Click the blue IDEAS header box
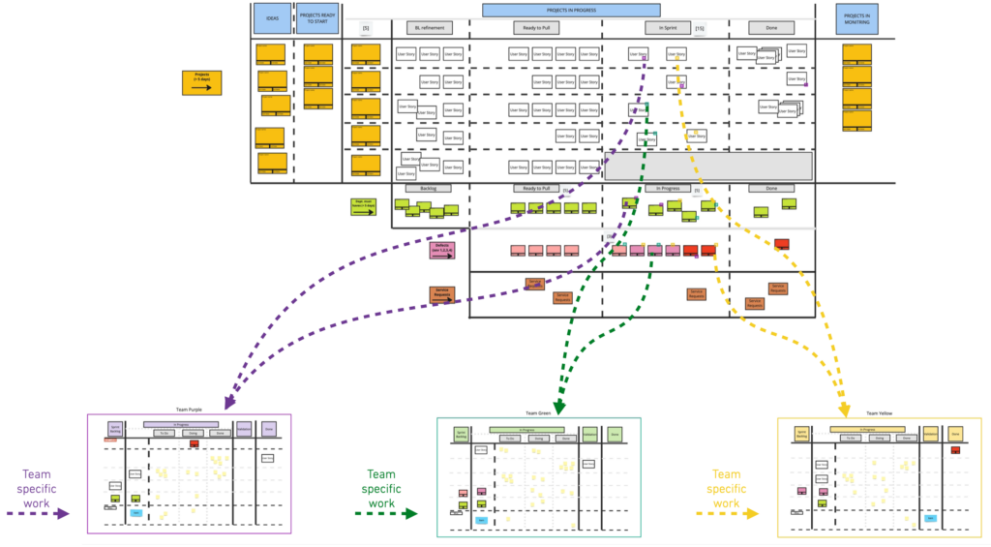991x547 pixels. pyautogui.click(x=272, y=18)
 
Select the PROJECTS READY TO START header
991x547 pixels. pyautogui.click(x=316, y=18)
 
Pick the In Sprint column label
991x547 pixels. pyautogui.click(x=667, y=28)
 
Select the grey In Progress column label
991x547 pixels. pyautogui.click(x=667, y=189)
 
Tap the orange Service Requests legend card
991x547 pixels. pyautogui.click(x=443, y=294)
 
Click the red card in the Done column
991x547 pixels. pyautogui.click(x=782, y=244)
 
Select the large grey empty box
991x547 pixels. pyautogui.click(x=708, y=166)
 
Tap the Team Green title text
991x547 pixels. pyautogui.click(x=538, y=413)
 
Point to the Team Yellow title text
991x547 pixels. pyautogui.click(x=879, y=413)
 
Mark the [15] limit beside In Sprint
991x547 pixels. pyautogui.click(x=700, y=29)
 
